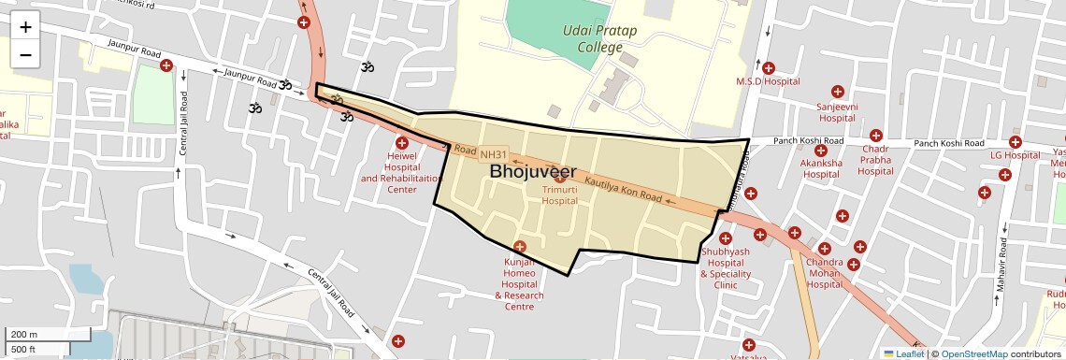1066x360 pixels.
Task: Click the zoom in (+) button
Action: pyautogui.click(x=25, y=27)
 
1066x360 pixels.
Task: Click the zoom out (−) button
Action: pyautogui.click(x=25, y=55)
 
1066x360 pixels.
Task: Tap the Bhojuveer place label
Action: pyautogui.click(x=532, y=171)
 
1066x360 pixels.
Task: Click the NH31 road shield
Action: pyautogui.click(x=493, y=154)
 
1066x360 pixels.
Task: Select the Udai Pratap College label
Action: pyautogui.click(x=599, y=38)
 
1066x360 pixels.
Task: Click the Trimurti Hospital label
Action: pyautogui.click(x=560, y=194)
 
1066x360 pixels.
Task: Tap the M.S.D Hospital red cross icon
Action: pyautogui.click(x=769, y=67)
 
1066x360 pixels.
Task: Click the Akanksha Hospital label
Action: pyautogui.click(x=821, y=168)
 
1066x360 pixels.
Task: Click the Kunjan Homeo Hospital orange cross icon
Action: pyautogui.click(x=520, y=246)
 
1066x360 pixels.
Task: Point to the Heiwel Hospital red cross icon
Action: pyautogui.click(x=402, y=143)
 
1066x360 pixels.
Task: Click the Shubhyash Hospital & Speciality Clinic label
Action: pyautogui.click(x=726, y=268)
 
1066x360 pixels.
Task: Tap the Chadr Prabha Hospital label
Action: pyautogui.click(x=875, y=160)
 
